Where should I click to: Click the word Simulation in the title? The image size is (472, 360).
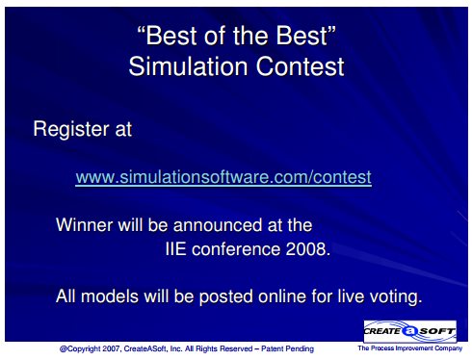click(189, 66)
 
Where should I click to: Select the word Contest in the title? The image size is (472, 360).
click(301, 66)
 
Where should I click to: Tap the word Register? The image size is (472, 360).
click(71, 129)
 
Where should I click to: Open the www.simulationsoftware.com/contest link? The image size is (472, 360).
click(223, 177)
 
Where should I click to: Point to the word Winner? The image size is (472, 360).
click(84, 224)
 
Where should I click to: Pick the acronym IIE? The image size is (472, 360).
click(175, 249)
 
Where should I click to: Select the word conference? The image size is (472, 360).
click(236, 249)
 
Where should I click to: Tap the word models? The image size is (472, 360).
click(110, 296)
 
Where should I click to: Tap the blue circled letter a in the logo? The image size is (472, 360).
click(409, 331)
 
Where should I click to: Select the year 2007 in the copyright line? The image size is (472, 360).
click(110, 348)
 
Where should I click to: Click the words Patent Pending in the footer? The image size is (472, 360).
click(287, 348)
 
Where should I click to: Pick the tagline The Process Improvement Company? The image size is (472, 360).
click(410, 348)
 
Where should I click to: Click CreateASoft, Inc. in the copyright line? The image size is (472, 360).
click(153, 348)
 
